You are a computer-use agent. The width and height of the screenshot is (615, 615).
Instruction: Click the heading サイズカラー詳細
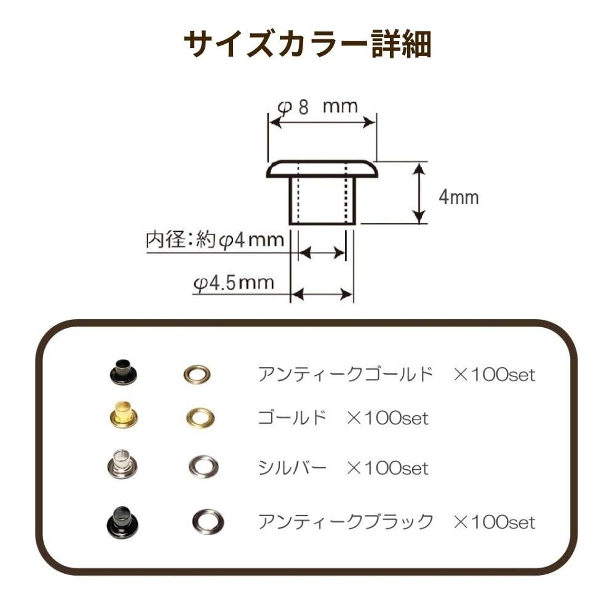[x=307, y=45]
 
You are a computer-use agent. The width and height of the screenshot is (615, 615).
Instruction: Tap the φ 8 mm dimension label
[x=317, y=106]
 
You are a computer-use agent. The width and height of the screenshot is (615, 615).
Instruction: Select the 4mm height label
[x=458, y=197]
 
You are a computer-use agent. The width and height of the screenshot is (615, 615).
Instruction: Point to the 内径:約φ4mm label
[x=215, y=240]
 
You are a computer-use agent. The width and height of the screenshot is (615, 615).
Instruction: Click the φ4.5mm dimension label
[x=234, y=283]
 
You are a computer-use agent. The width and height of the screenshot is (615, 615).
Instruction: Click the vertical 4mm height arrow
[x=418, y=193]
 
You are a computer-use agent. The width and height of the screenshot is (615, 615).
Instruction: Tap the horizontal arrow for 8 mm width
[x=322, y=123]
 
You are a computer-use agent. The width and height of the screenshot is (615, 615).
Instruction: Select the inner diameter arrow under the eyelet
[x=322, y=253]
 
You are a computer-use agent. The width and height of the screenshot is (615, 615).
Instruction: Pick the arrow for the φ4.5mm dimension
[x=322, y=295]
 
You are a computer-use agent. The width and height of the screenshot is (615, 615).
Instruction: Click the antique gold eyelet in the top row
[x=123, y=371]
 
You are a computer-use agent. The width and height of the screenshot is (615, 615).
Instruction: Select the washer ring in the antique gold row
[x=197, y=374]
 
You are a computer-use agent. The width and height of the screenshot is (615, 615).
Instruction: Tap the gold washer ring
[x=200, y=418]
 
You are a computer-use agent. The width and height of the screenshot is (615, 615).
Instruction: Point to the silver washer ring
[x=203, y=466]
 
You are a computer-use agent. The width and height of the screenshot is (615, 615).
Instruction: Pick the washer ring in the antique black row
[x=207, y=522]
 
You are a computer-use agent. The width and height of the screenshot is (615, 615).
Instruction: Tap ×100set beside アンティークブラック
[x=494, y=522]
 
